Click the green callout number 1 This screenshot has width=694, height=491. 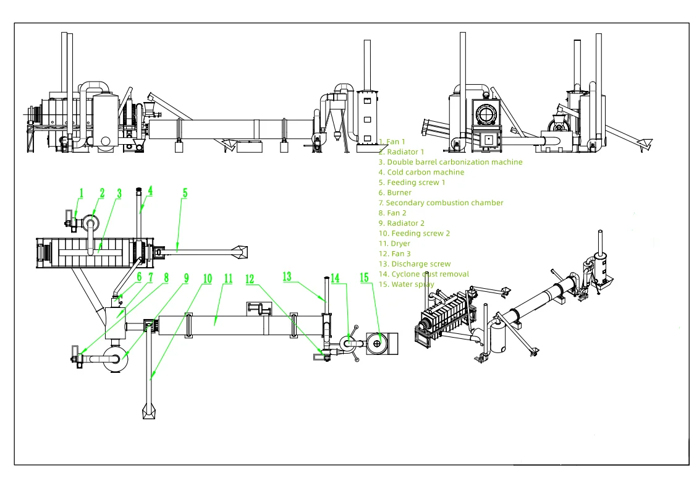tap(80, 194)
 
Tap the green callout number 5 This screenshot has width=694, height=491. tap(185, 193)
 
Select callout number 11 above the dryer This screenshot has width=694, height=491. tap(228, 279)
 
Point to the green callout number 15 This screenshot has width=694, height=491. tap(365, 278)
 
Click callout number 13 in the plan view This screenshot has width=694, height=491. tap(287, 276)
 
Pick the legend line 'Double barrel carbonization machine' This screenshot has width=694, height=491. tap(451, 162)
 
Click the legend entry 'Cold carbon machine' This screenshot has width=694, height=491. tap(421, 173)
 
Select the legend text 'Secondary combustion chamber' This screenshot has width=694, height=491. tap(441, 203)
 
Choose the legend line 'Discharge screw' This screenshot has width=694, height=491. tap(415, 264)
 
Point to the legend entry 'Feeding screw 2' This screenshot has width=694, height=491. tap(414, 234)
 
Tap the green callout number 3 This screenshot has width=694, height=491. tap(119, 194)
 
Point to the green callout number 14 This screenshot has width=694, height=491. tap(335, 279)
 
